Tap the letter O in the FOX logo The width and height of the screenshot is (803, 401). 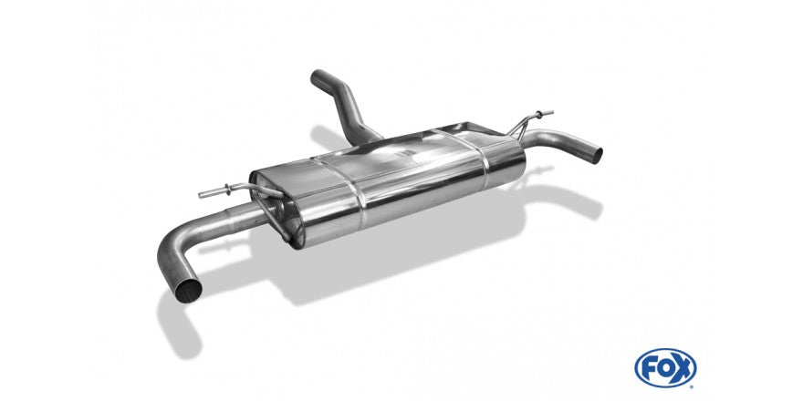point(665,368)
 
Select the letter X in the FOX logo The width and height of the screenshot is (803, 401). point(682,368)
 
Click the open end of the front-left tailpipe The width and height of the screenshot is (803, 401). point(188,291)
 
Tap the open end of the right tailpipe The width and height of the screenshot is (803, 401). point(596,155)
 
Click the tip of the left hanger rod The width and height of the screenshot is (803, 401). point(200,195)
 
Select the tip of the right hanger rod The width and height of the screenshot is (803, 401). point(552,112)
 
